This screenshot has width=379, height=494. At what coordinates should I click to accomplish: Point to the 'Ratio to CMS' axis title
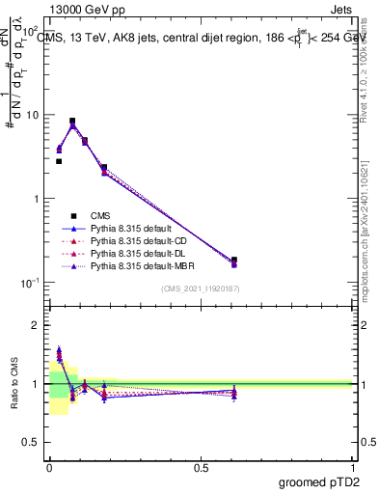14,384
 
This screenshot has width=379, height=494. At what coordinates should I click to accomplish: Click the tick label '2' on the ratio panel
37,325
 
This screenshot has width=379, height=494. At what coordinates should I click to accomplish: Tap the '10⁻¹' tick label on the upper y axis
31,283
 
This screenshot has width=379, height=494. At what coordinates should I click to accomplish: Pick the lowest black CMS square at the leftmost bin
59,161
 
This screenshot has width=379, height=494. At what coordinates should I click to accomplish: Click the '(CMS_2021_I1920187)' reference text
201,289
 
